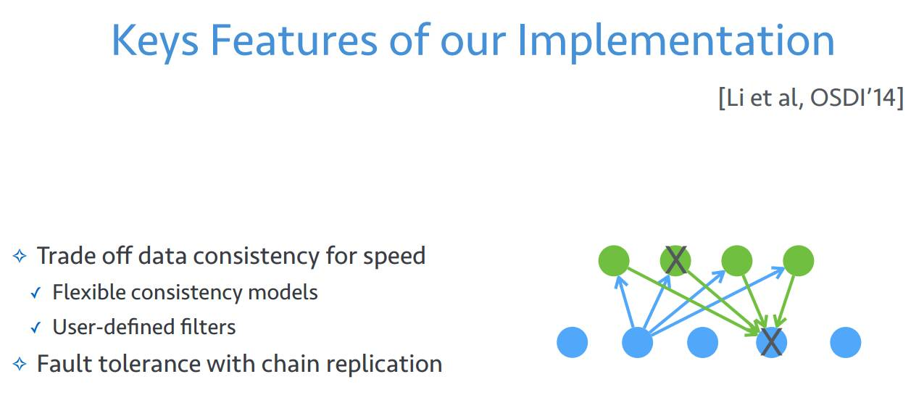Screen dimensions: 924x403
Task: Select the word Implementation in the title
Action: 675,41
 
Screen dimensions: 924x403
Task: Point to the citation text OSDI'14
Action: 856,99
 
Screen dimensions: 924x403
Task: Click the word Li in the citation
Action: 734,99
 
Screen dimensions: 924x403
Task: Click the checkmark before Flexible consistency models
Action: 36,294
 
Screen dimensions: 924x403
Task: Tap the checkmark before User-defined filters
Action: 36,328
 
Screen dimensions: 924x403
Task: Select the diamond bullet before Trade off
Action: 20,256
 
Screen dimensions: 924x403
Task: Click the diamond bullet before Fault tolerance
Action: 20,363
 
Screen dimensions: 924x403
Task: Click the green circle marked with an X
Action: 675,260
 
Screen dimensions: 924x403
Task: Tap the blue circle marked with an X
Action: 772,342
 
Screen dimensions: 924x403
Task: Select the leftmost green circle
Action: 615,260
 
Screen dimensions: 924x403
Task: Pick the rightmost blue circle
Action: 845,342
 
